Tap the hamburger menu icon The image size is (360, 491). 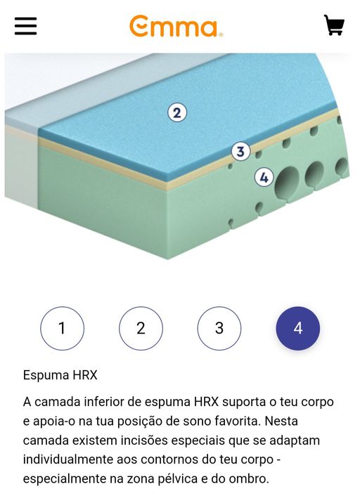26,26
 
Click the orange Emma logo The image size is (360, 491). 176,26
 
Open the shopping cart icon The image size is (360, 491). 334,25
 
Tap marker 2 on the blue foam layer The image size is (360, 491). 177,112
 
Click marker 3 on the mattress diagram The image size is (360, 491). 240,152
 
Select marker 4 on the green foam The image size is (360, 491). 264,178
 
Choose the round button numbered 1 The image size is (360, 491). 63,328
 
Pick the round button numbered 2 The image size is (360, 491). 141,328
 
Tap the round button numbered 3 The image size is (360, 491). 219,328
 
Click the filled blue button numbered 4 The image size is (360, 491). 298,328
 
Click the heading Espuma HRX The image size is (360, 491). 60,375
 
